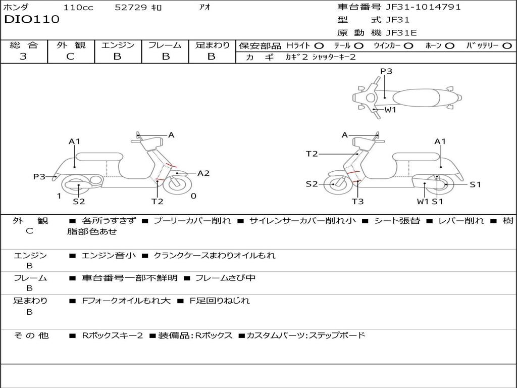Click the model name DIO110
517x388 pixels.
click(x=32, y=20)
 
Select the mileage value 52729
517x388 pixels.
click(x=131, y=7)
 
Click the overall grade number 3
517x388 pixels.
click(x=23, y=57)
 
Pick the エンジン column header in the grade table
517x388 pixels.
click(x=118, y=45)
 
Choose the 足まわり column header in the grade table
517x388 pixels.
click(x=212, y=45)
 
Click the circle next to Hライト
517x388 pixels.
click(x=320, y=45)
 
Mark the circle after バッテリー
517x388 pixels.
click(x=507, y=45)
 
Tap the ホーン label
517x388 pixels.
click(x=433, y=45)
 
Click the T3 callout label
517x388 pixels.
click(x=357, y=202)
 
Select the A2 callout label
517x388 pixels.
click(x=203, y=173)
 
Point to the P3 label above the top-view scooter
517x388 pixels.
click(x=386, y=71)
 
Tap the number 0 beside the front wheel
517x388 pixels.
click(x=193, y=196)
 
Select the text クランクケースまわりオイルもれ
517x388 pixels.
click(x=215, y=256)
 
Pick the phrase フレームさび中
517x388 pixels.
click(x=225, y=278)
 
